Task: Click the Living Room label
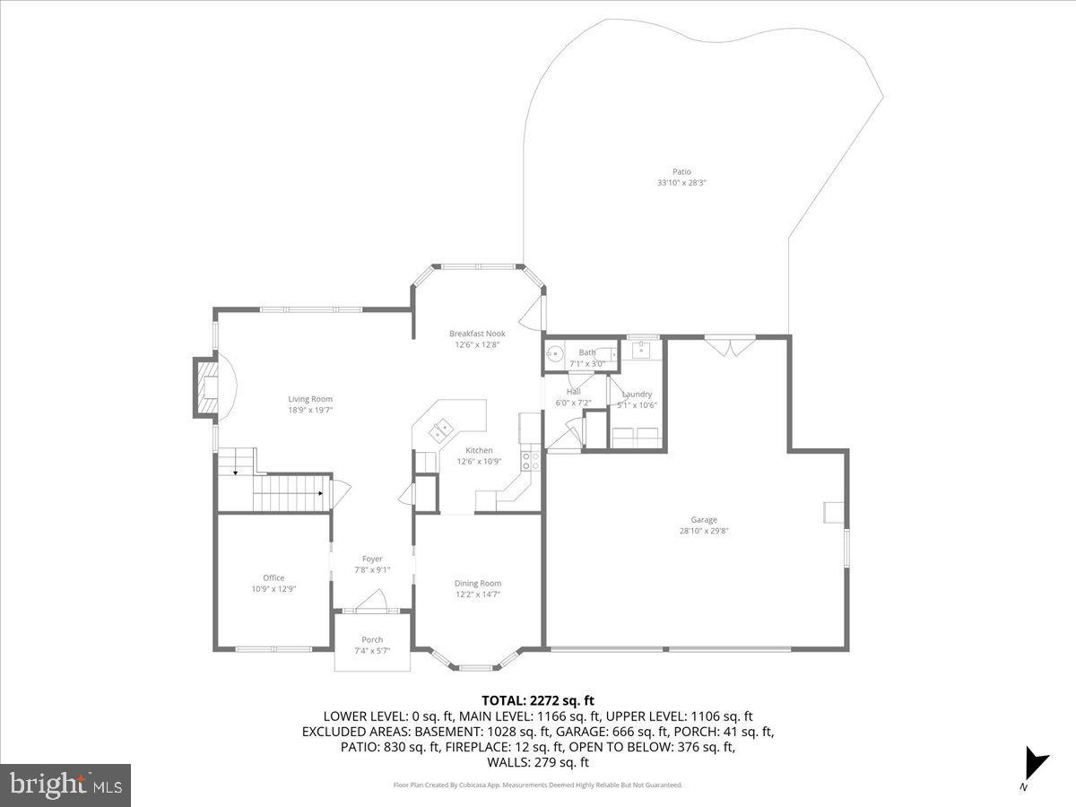pyautogui.click(x=310, y=399)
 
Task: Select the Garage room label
pyautogui.click(x=704, y=519)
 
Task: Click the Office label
pyautogui.click(x=273, y=577)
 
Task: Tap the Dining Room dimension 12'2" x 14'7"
pyautogui.click(x=478, y=594)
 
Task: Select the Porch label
pyautogui.click(x=372, y=639)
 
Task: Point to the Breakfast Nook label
pyautogui.click(x=477, y=334)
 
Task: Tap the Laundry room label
pyautogui.click(x=637, y=394)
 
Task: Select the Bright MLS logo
pyautogui.click(x=65, y=785)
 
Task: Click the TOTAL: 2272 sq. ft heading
pyautogui.click(x=538, y=700)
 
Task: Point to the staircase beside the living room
pyautogui.click(x=287, y=493)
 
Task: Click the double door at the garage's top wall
pyautogui.click(x=730, y=346)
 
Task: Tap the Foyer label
pyautogui.click(x=372, y=559)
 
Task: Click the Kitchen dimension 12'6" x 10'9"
pyautogui.click(x=479, y=462)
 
